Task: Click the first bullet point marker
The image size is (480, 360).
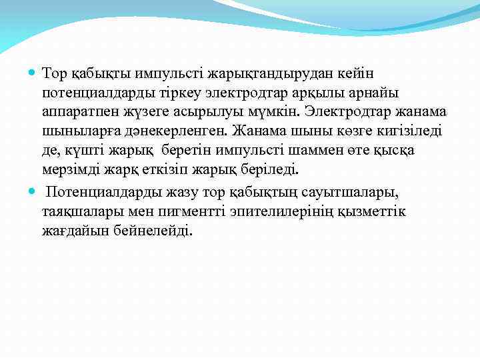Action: pos(33,71)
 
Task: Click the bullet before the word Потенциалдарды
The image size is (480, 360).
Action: pos(33,192)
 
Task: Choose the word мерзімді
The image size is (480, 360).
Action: pos(71,169)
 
